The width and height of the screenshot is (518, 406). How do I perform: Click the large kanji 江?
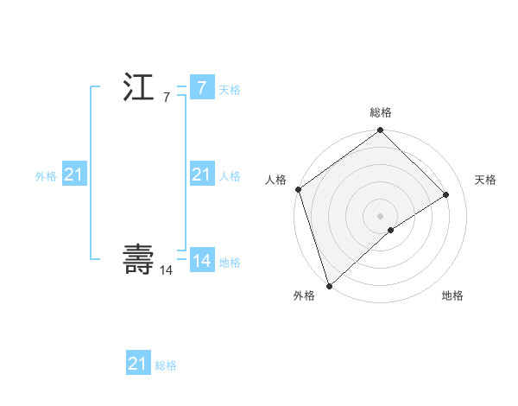click(x=138, y=89)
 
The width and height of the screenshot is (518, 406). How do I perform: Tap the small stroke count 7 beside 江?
click(x=167, y=98)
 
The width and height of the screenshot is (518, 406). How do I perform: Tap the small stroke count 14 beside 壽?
click(x=166, y=270)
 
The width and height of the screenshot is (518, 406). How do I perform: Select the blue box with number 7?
click(x=201, y=87)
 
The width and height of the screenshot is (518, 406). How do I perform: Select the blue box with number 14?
click(x=201, y=260)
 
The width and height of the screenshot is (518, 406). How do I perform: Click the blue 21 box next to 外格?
click(x=73, y=175)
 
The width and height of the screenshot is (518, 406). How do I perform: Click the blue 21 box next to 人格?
click(x=201, y=175)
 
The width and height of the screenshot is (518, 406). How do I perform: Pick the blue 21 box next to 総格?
click(x=137, y=364)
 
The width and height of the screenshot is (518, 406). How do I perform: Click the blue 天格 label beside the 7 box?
click(x=230, y=90)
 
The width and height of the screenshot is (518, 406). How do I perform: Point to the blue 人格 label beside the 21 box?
click(x=230, y=176)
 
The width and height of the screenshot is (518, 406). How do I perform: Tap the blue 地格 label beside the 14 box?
click(x=230, y=263)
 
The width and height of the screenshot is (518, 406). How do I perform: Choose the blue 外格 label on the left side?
click(x=46, y=176)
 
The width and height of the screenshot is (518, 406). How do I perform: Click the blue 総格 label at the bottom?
click(x=166, y=365)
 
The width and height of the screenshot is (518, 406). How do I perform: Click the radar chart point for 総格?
click(x=380, y=131)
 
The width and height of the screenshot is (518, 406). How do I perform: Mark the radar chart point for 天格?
click(x=446, y=194)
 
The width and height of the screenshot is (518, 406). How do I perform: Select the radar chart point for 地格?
click(x=391, y=230)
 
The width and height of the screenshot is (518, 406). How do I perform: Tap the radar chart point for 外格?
click(x=329, y=284)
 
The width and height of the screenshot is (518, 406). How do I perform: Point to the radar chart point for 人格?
click(x=298, y=189)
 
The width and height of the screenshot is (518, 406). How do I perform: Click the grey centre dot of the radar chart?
click(x=380, y=215)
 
